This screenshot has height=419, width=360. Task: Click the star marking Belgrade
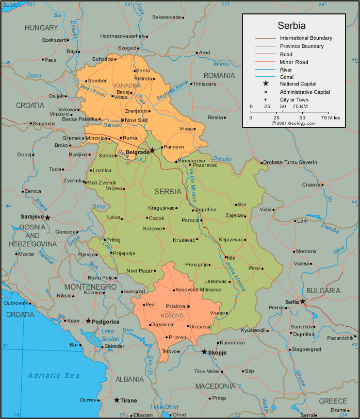tap(152, 150)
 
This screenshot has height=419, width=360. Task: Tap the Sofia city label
tap(292, 302)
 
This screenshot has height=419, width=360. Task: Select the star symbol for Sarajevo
tap(47, 217)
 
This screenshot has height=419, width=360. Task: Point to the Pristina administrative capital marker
tap(188, 306)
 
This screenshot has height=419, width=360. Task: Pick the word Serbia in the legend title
tap(292, 25)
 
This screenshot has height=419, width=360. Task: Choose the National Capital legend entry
tap(298, 83)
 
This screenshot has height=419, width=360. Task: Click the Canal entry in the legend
tap(287, 76)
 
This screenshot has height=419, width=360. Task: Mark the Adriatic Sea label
tap(54, 376)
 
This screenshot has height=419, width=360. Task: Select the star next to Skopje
tap(204, 352)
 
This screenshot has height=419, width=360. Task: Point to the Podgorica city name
tap(106, 322)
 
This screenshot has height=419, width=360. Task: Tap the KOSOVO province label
tap(172, 315)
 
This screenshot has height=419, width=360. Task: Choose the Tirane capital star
tap(117, 400)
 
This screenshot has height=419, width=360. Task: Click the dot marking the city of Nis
tap(225, 257)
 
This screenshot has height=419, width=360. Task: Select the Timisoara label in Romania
tap(205, 84)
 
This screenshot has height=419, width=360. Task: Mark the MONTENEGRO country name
tap(90, 287)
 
